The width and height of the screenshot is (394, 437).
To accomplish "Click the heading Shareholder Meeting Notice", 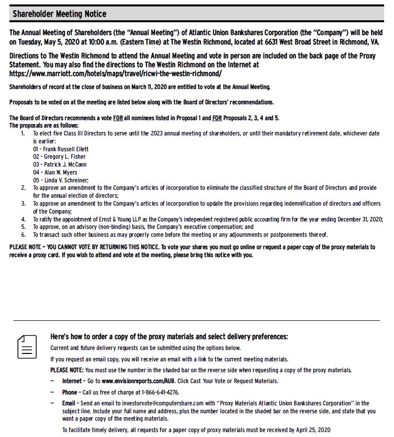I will (59, 14).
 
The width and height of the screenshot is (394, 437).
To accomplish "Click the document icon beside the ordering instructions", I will (27, 347).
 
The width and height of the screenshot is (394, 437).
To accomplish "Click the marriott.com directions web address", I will (116, 74).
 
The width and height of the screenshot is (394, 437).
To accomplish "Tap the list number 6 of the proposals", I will (23, 235).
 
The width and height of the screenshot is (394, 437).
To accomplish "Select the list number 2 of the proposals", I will (23, 188).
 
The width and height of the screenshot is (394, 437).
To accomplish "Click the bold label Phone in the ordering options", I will (69, 393).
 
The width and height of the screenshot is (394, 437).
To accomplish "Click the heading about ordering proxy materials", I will (169, 337).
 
